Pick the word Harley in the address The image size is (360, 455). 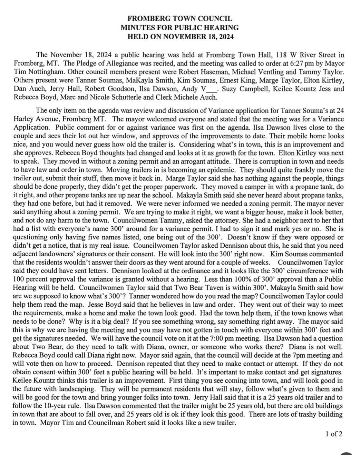pyautogui.click(x=25, y=119)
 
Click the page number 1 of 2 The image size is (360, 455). pyautogui.click(x=334, y=434)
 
